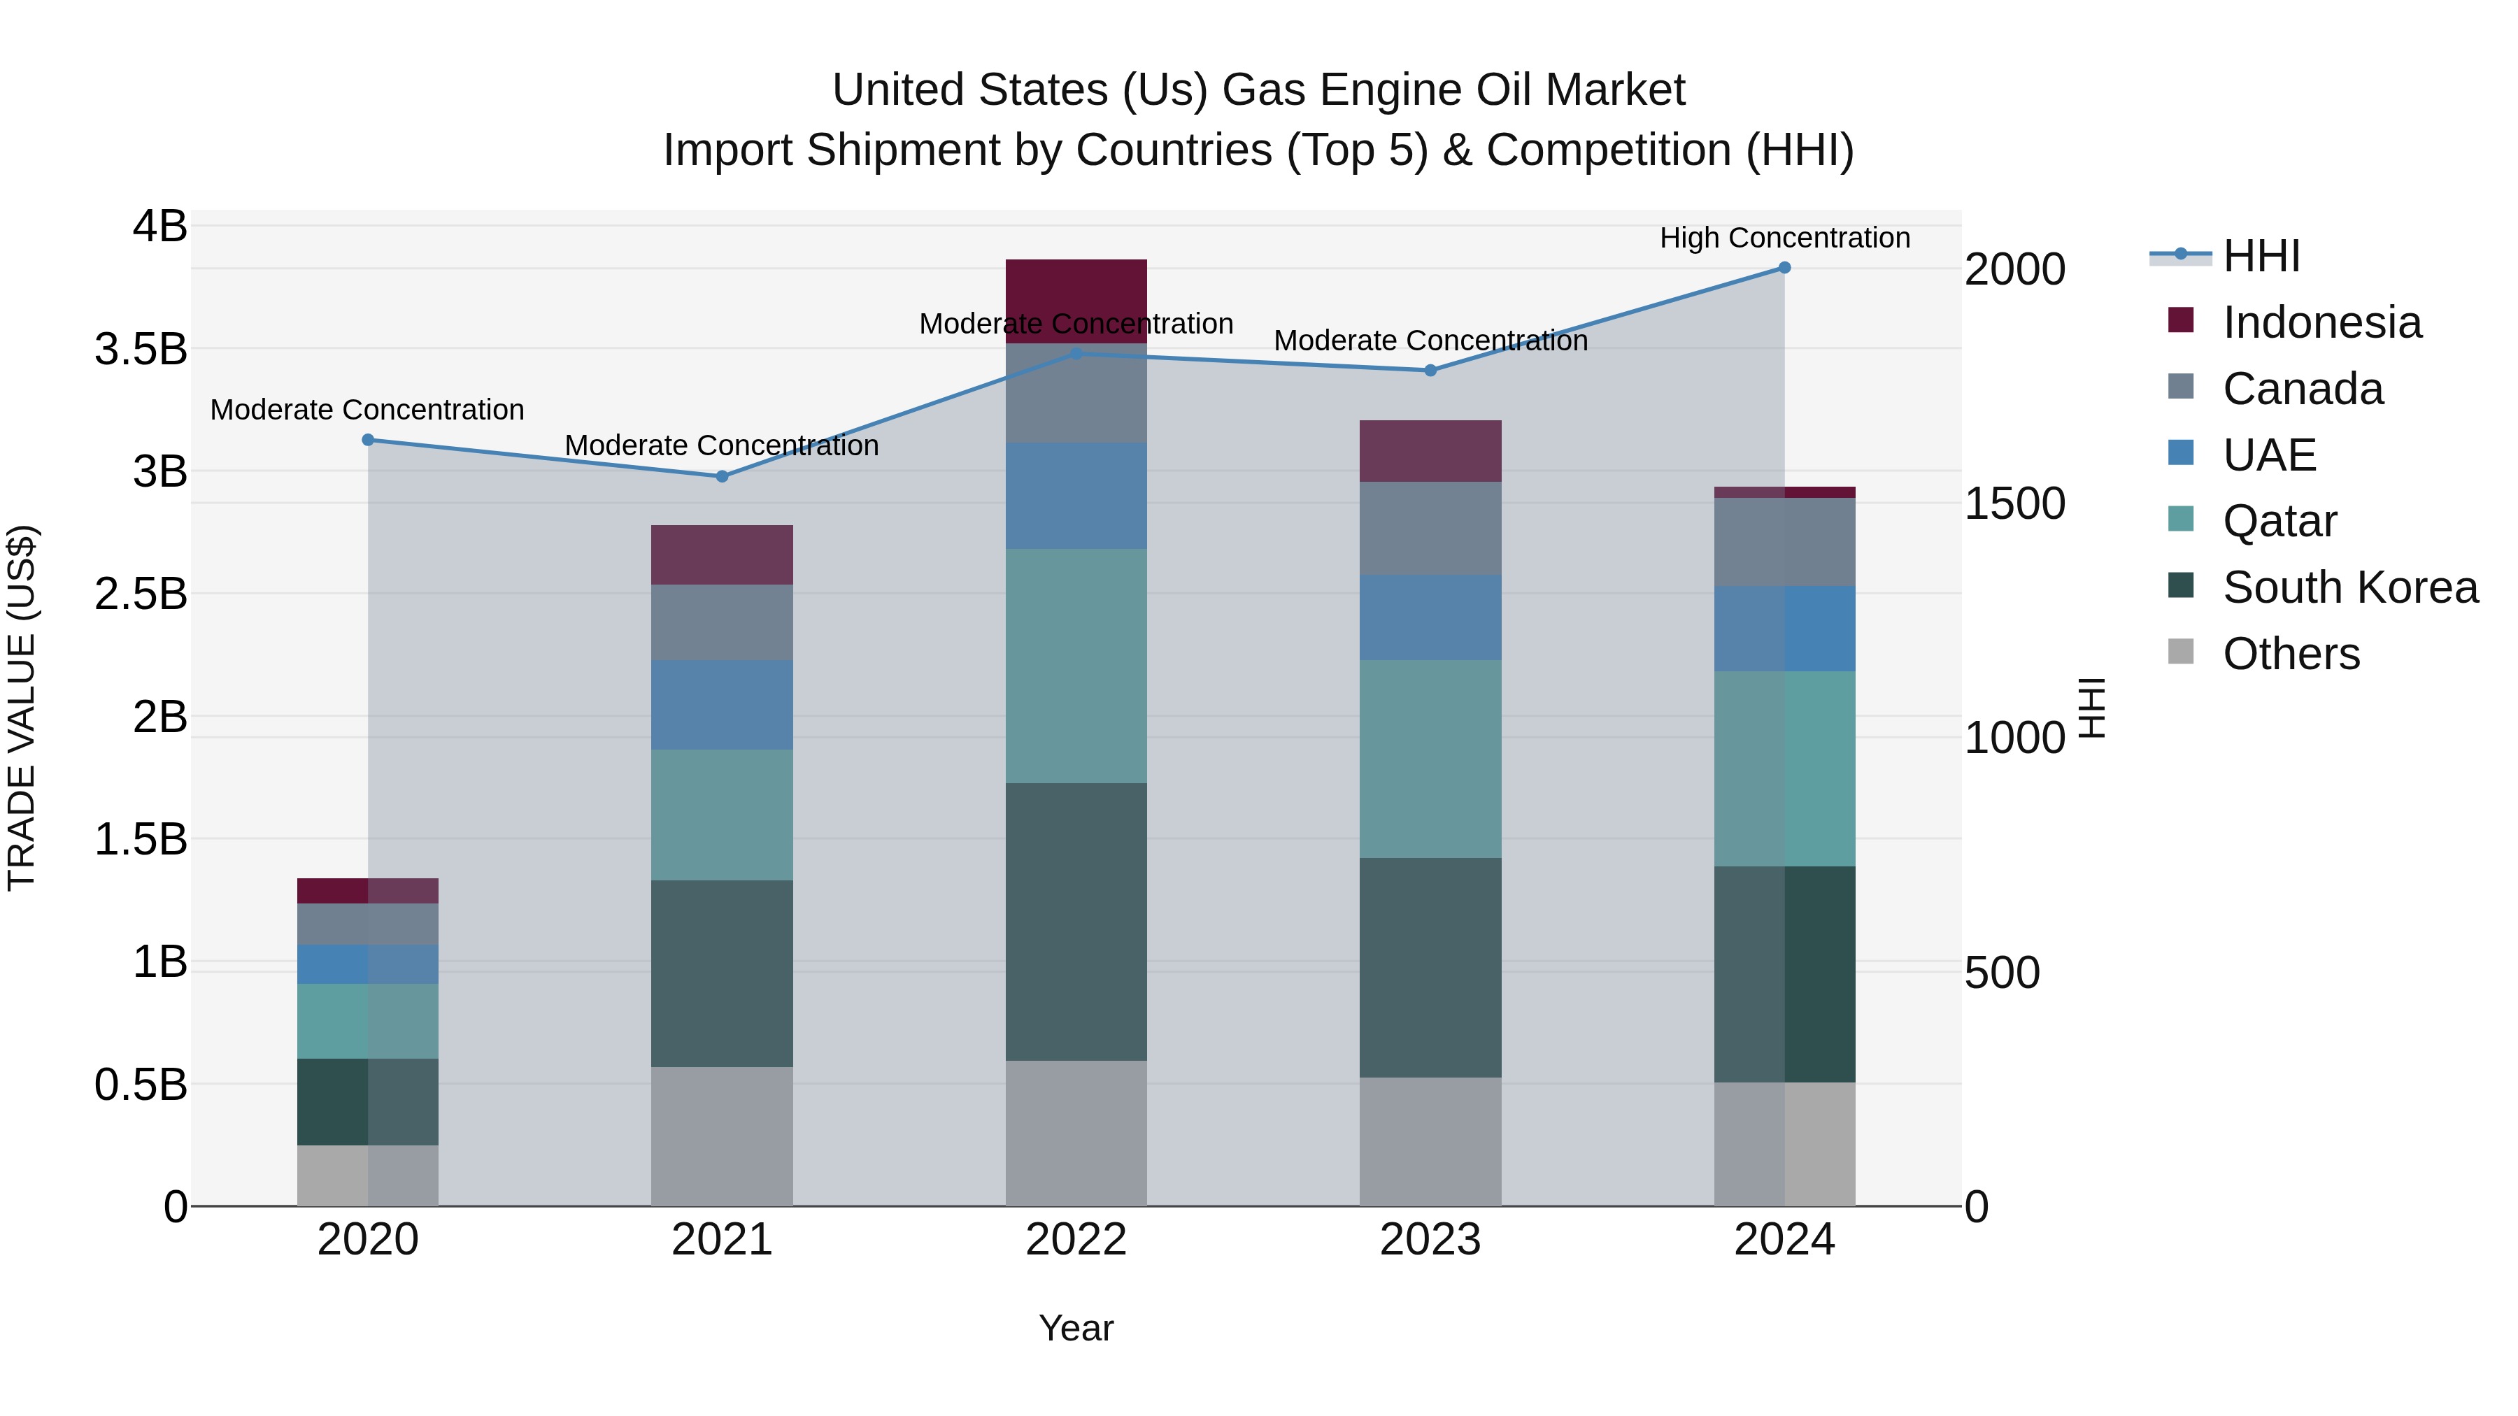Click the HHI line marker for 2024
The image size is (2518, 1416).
[1784, 268]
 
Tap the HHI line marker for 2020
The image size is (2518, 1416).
[367, 440]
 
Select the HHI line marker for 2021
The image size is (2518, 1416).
[721, 477]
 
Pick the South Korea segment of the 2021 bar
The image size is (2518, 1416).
[721, 973]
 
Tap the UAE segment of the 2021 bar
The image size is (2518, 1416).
[721, 705]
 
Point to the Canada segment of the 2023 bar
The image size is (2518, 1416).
[1430, 528]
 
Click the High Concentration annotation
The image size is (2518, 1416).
[1784, 238]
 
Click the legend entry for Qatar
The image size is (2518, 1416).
[2279, 522]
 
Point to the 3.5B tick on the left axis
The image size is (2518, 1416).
[141, 349]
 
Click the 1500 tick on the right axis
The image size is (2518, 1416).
[2014, 504]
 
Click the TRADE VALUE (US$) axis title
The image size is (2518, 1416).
[22, 708]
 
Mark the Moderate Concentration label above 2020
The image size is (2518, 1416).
[367, 410]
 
